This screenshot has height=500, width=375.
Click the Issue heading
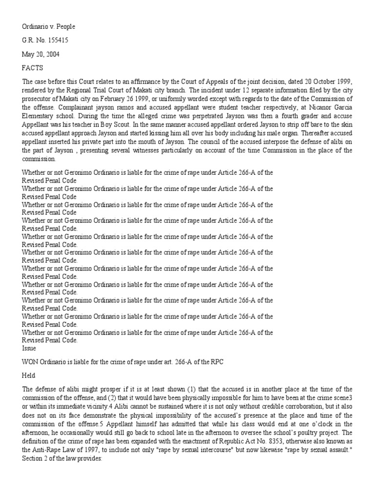pos(30,350)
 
